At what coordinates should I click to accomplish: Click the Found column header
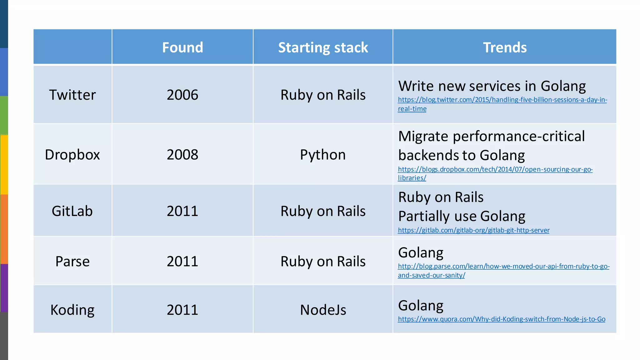tap(182, 47)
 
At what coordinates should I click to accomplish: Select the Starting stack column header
tap(323, 47)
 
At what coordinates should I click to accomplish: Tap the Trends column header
tap(505, 47)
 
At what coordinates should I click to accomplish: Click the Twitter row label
tap(72, 95)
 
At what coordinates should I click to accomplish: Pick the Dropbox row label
tap(72, 154)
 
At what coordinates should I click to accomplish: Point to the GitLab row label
tap(72, 211)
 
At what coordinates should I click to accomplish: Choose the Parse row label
tap(72, 261)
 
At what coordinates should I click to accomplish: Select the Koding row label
tap(72, 310)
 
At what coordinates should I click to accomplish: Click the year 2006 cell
tap(182, 95)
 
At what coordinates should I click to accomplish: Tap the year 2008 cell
tap(182, 154)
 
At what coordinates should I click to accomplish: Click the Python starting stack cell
tap(323, 154)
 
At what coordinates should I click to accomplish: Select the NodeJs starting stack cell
tap(323, 310)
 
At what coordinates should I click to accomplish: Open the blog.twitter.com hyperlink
tap(502, 100)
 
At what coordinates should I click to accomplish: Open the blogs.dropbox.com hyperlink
tap(495, 169)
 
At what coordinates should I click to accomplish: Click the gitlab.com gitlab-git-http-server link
tap(473, 230)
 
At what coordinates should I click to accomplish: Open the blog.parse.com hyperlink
tap(503, 267)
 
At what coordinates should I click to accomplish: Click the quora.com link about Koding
tap(501, 319)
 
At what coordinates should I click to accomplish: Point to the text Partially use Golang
tap(462, 216)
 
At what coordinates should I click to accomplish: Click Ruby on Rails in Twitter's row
tap(323, 95)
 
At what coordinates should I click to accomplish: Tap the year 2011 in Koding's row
tap(182, 310)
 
